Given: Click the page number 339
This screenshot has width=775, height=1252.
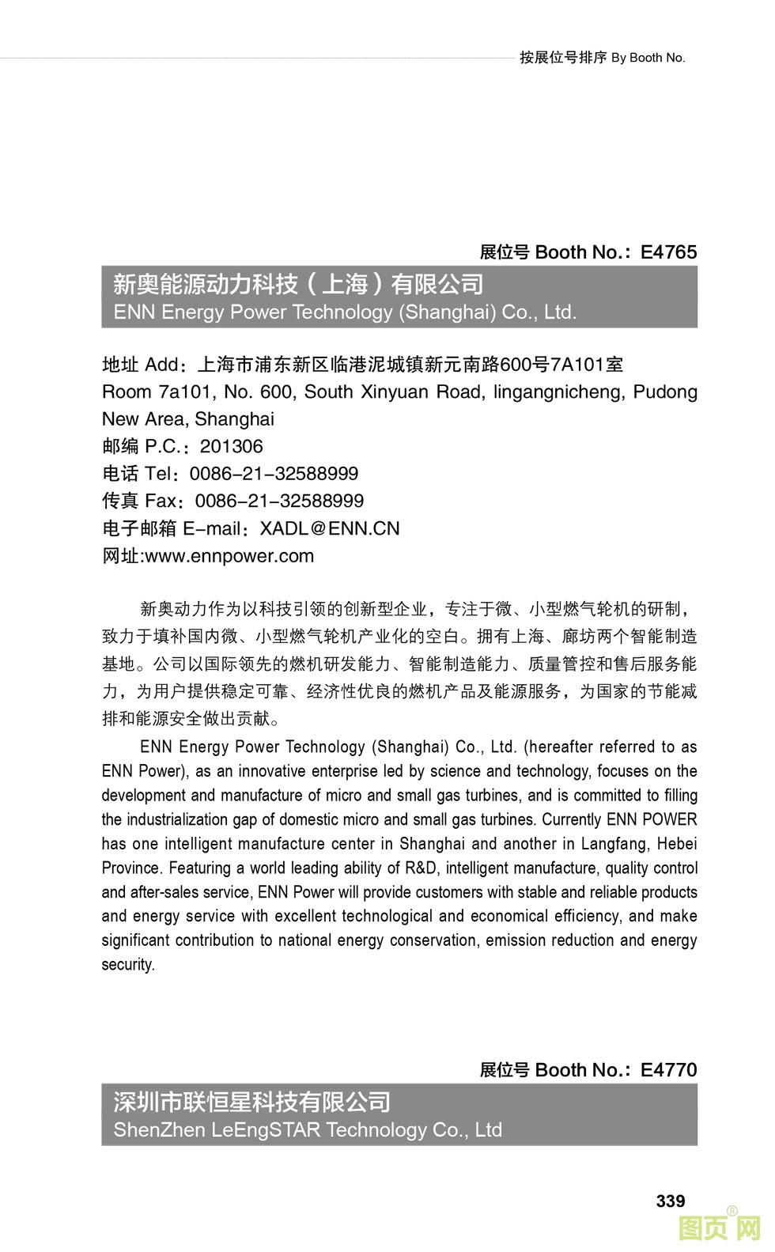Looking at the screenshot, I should (x=670, y=1201).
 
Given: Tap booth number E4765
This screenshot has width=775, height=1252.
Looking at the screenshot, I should (x=668, y=252).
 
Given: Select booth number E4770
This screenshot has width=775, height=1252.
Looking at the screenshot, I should (x=668, y=1070).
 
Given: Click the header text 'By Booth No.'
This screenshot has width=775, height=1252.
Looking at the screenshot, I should (x=648, y=58).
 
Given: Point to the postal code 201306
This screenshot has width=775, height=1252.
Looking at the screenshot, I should (x=231, y=446).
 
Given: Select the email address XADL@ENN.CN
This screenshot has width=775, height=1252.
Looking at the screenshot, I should (x=330, y=528).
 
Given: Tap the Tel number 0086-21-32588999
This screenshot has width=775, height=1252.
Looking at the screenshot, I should (x=274, y=474).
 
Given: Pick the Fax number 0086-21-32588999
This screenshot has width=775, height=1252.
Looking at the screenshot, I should (x=279, y=501).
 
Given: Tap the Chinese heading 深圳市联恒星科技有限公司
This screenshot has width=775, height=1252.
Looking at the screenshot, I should (x=252, y=1102).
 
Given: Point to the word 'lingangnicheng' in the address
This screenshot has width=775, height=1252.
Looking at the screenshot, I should (x=560, y=392).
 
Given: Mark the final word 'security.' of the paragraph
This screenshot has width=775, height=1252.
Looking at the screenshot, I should (x=128, y=965).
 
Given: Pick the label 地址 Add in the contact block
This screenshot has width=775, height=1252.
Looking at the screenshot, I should (x=140, y=365).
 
